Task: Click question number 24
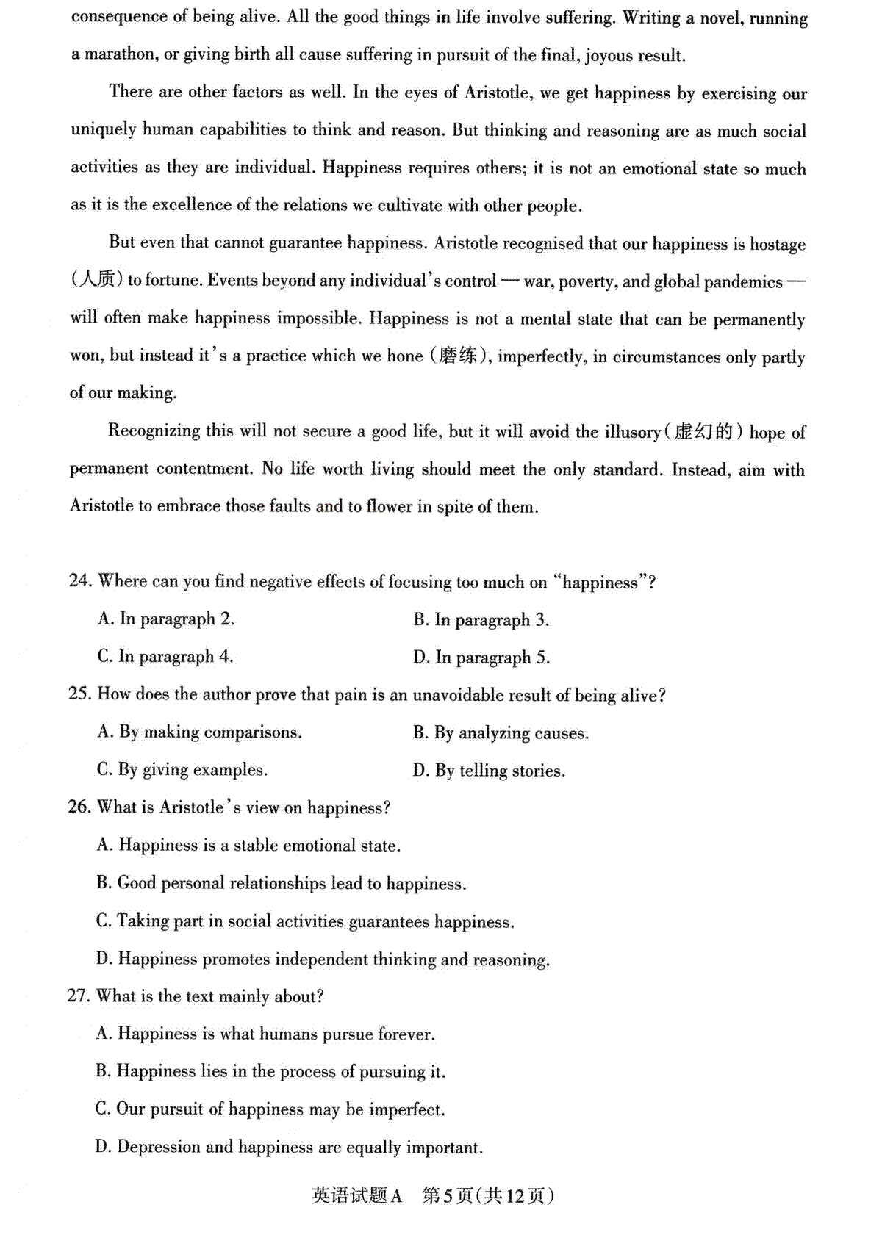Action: pos(80,581)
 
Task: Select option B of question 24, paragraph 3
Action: pos(481,620)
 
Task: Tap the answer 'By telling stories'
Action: pos(489,771)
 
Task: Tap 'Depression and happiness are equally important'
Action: pos(289,1147)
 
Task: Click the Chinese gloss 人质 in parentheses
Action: pos(96,280)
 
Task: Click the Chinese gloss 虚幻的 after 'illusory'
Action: pos(703,432)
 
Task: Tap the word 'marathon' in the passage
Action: pos(122,54)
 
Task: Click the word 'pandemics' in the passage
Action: pos(743,282)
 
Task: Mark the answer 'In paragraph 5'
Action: pos(481,658)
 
